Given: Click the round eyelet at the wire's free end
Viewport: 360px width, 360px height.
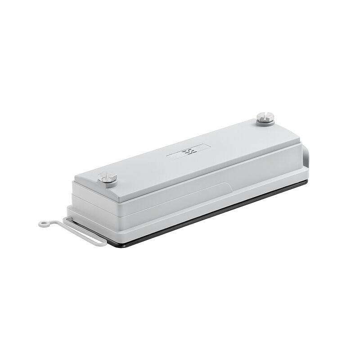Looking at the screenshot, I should coord(43,223).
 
